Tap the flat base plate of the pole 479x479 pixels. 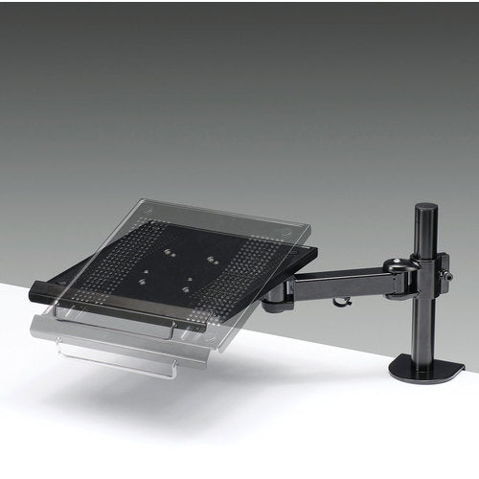click(x=428, y=368)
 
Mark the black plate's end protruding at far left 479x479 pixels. click(x=43, y=288)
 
